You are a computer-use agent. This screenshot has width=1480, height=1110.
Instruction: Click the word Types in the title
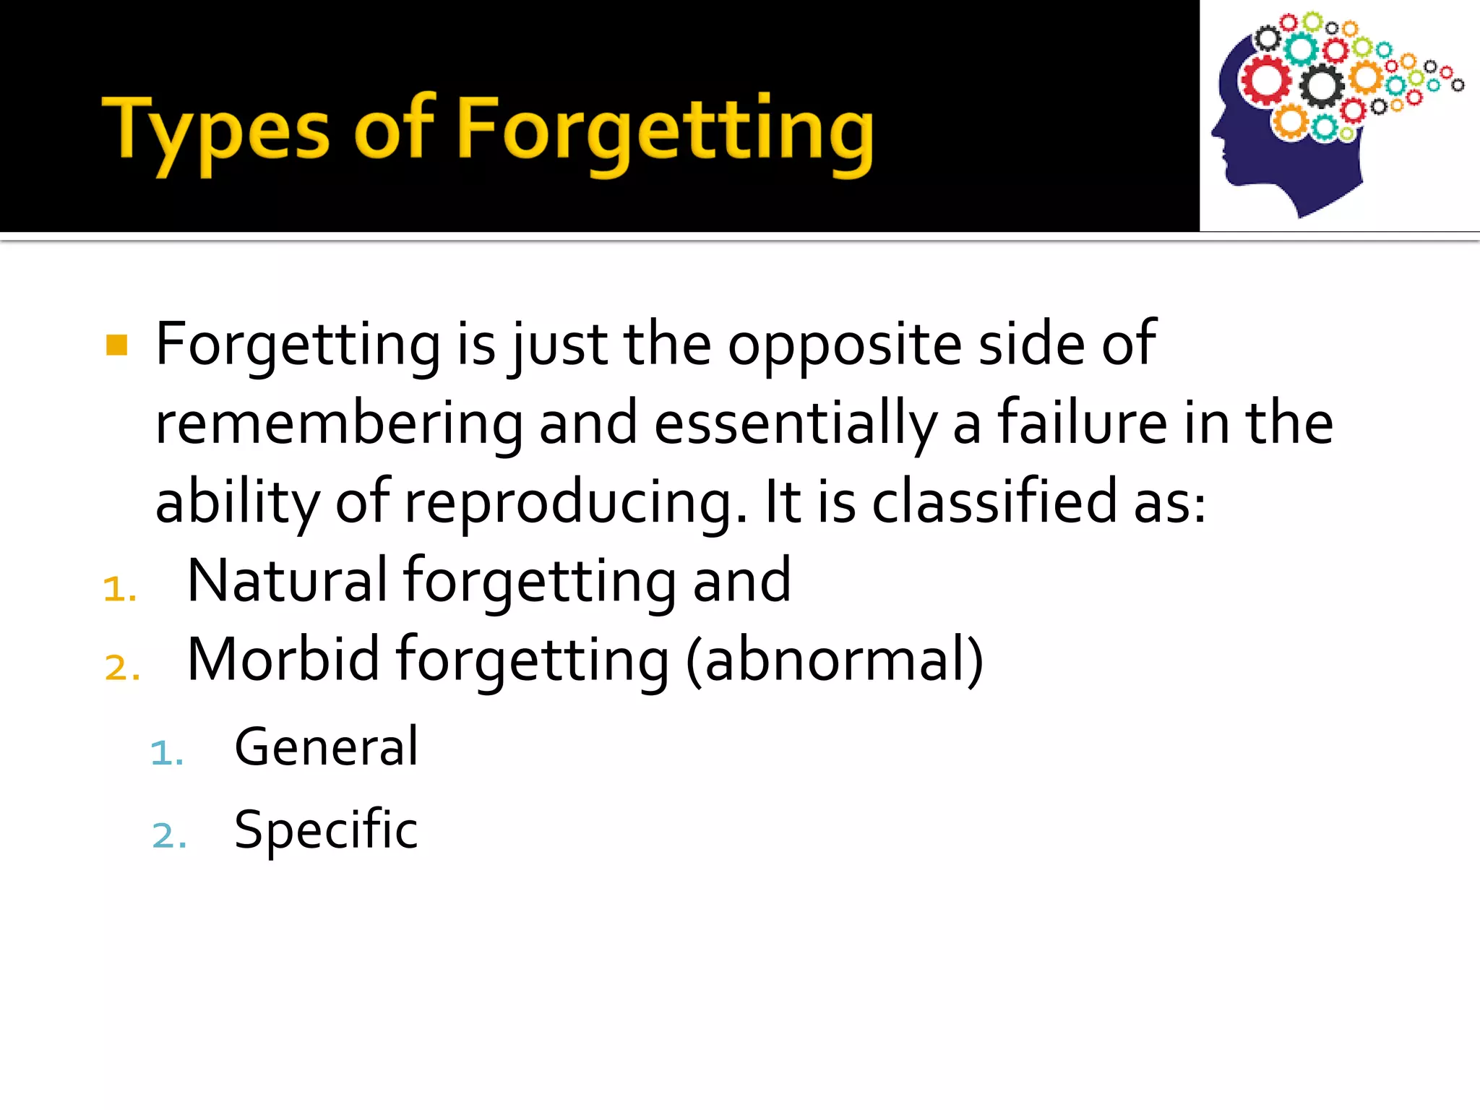215,130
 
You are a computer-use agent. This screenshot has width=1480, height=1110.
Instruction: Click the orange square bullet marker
116,345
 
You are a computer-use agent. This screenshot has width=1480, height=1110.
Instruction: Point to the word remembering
339,424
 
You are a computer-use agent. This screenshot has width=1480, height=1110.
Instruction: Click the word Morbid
283,659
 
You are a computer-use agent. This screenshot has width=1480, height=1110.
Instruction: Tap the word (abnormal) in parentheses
835,659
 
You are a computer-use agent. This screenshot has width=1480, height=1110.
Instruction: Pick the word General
327,747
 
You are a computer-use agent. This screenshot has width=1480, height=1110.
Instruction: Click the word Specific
327,830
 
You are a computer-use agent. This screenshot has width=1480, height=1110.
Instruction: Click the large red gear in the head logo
1265,80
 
